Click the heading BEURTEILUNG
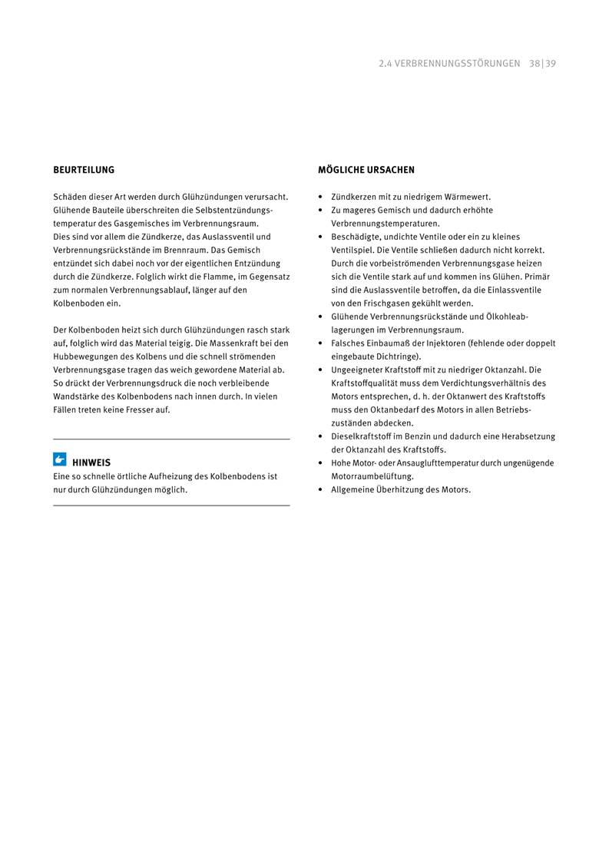[84, 170]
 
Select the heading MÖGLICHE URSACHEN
[366, 170]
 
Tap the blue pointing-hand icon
[60, 460]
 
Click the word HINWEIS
[91, 462]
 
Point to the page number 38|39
[542, 64]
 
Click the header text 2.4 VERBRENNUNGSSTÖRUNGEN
[449, 64]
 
